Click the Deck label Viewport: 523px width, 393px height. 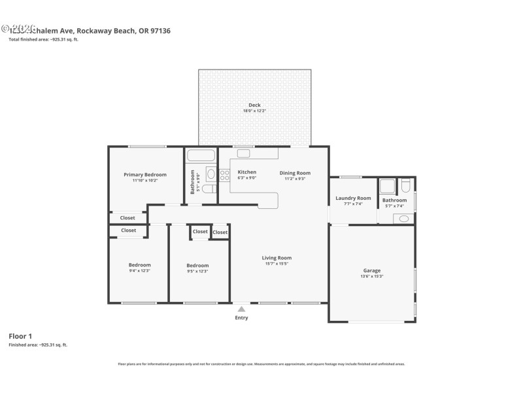coord(254,105)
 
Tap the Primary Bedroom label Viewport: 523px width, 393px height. coord(145,174)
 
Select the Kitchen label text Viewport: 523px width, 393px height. coord(246,172)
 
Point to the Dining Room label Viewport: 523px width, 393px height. coord(295,173)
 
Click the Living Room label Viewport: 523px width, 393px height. coord(277,257)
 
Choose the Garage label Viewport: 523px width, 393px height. coord(372,270)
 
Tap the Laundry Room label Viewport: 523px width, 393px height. coord(353,198)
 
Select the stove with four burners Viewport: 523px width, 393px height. coord(224,175)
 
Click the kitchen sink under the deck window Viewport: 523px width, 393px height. coord(243,153)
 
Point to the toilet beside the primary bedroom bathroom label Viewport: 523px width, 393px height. coord(209,189)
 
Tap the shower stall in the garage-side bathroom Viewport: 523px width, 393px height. coord(387,185)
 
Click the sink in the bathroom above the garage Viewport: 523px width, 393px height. coord(403,219)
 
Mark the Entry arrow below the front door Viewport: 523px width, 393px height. coord(242,308)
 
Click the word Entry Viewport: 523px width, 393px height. coord(242,318)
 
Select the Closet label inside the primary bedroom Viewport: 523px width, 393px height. coord(127,217)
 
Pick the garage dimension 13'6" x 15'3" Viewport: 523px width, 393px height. coord(372,276)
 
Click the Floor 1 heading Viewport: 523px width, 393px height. coord(21,335)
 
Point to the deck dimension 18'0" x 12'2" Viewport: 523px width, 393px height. coord(254,111)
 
